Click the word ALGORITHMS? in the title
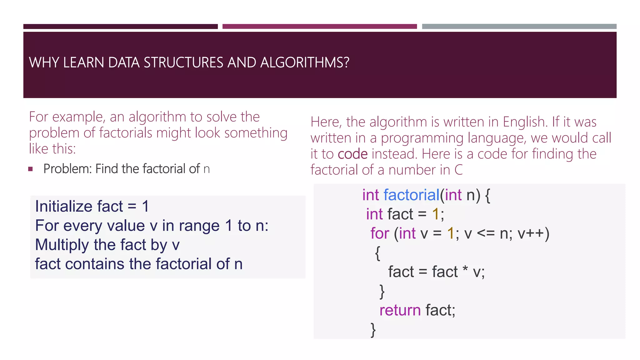click(304, 62)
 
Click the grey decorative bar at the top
click(519, 27)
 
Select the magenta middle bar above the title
click(319, 27)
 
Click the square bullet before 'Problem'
click(30, 169)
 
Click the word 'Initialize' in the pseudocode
click(64, 206)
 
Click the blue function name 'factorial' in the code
click(411, 195)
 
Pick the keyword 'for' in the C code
click(380, 233)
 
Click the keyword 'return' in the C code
click(400, 310)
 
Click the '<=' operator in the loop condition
click(486, 233)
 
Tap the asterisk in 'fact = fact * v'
click(465, 269)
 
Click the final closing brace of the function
click(373, 330)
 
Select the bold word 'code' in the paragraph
click(352, 154)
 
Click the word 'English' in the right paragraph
click(524, 122)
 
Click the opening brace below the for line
click(377, 253)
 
